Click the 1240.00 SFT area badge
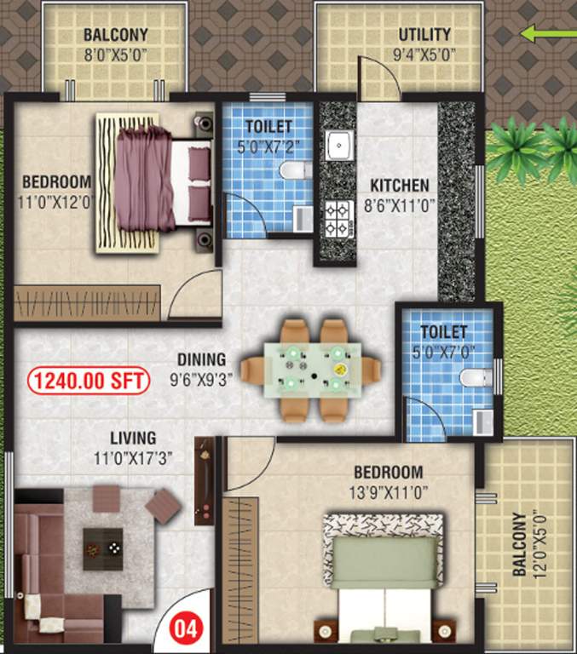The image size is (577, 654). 89,380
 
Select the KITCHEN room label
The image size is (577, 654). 399,186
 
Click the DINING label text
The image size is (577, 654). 202,359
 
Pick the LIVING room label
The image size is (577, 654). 118,439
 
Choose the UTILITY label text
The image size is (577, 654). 424,35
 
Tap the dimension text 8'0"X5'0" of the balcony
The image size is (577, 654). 115,53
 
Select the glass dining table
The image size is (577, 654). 310,370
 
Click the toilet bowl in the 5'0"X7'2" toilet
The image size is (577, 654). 294,170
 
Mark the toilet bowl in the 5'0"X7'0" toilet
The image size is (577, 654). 474,377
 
